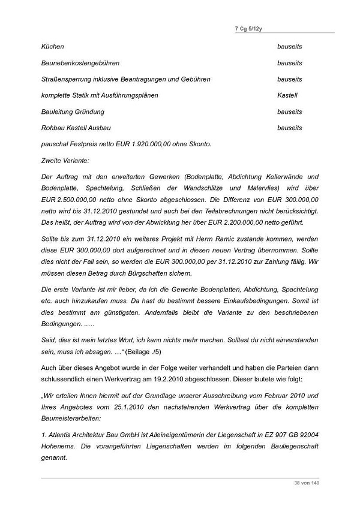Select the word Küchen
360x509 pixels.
(x=53, y=46)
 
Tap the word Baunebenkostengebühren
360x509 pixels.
(x=80, y=63)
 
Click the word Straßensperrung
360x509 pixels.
(x=67, y=79)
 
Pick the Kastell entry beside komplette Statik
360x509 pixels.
(x=287, y=95)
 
